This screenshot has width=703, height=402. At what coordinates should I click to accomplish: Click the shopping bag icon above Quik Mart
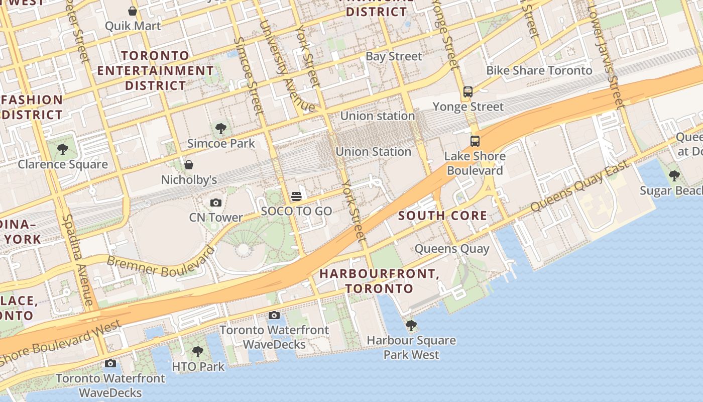point(133,11)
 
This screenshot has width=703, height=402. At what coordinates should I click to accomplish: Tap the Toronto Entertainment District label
point(155,70)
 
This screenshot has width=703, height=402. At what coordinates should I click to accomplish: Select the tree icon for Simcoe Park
point(220,129)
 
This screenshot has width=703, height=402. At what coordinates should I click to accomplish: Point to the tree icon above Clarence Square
point(63,149)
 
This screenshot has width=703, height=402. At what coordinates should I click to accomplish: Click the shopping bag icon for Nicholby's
point(189,165)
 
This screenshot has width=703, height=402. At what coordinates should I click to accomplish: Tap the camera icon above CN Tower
point(216,203)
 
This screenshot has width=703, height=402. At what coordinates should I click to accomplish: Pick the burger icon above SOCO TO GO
point(296,196)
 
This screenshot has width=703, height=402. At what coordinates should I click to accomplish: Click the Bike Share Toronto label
point(539,70)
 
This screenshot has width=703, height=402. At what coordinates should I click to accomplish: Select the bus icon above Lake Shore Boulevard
point(475,141)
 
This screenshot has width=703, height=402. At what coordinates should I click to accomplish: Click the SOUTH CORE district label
point(442,216)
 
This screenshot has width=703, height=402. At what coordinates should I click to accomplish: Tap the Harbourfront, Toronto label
point(379,281)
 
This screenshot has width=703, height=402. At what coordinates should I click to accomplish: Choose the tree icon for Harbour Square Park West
point(411,326)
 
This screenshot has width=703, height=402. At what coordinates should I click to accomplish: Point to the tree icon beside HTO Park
point(198,352)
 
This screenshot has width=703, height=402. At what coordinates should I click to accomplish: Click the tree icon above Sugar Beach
point(674,176)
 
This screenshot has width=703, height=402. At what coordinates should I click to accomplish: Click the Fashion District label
point(32,107)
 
